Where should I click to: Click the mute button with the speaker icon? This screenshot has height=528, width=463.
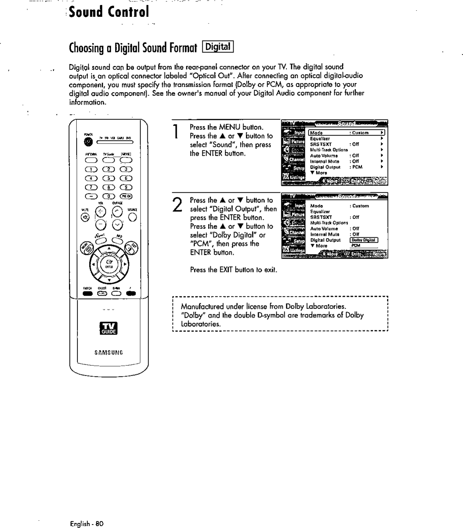[85, 217]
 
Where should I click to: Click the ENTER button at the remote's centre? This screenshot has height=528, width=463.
[109, 262]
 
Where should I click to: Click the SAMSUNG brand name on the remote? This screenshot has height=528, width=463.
[109, 352]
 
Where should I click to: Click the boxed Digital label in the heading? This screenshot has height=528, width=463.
[218, 47]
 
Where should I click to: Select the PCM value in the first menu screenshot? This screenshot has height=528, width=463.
[357, 167]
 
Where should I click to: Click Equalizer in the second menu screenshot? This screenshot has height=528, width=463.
[320, 211]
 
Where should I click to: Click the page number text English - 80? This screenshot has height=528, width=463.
[86, 523]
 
